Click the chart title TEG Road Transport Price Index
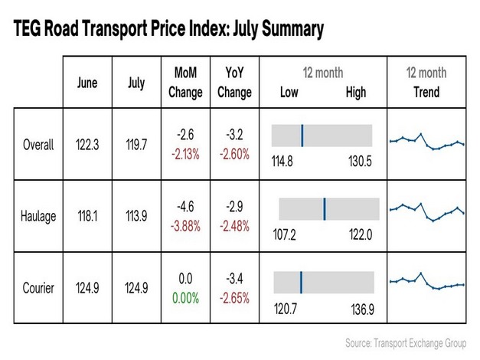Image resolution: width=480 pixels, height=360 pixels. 168,30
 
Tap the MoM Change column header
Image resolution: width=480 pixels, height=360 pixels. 184,83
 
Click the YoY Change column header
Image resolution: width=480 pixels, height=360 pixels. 234,83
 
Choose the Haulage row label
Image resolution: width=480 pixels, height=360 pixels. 38,216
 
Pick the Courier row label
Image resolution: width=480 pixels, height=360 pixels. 38,288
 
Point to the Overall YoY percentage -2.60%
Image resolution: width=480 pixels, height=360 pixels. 233,154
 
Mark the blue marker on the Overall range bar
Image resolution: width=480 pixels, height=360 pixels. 302,136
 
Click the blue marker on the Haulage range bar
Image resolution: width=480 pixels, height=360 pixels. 325,208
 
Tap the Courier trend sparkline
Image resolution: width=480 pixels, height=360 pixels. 427,282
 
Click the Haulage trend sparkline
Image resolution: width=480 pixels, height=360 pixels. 427,211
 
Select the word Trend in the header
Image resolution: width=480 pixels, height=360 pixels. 426,92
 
